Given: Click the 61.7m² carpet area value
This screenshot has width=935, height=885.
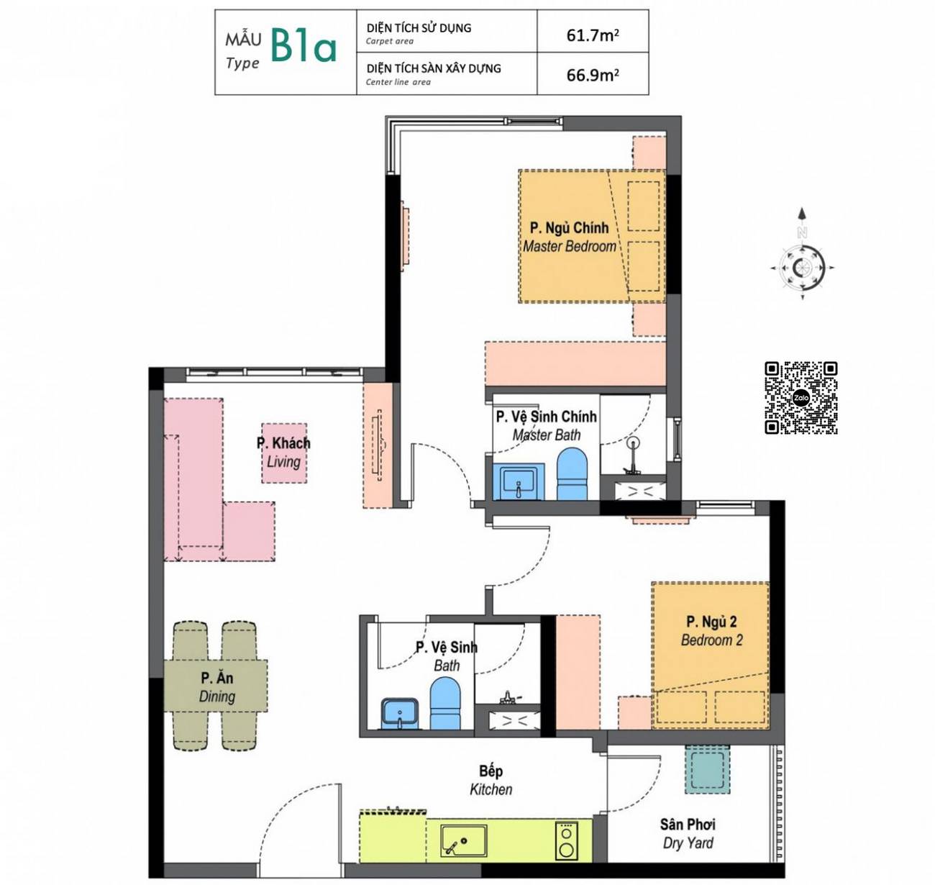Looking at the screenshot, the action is (592, 35).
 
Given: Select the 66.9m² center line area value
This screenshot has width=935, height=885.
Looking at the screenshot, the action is (592, 75).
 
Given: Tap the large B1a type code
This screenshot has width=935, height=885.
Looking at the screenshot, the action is (304, 47).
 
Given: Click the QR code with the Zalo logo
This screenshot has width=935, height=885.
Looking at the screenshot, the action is (801, 398).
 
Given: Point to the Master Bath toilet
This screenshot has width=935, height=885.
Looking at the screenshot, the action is (572, 474).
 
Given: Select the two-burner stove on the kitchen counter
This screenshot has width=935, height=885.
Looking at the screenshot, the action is (566, 840).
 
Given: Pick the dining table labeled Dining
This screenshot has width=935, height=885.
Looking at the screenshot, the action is (216, 686).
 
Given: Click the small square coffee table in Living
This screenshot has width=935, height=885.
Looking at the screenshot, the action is (284, 453).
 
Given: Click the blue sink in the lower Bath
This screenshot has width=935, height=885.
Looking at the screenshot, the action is (399, 714).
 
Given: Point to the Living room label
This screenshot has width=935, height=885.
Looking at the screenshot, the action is (283, 452).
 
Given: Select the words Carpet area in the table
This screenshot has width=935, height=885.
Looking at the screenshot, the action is (390, 42).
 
